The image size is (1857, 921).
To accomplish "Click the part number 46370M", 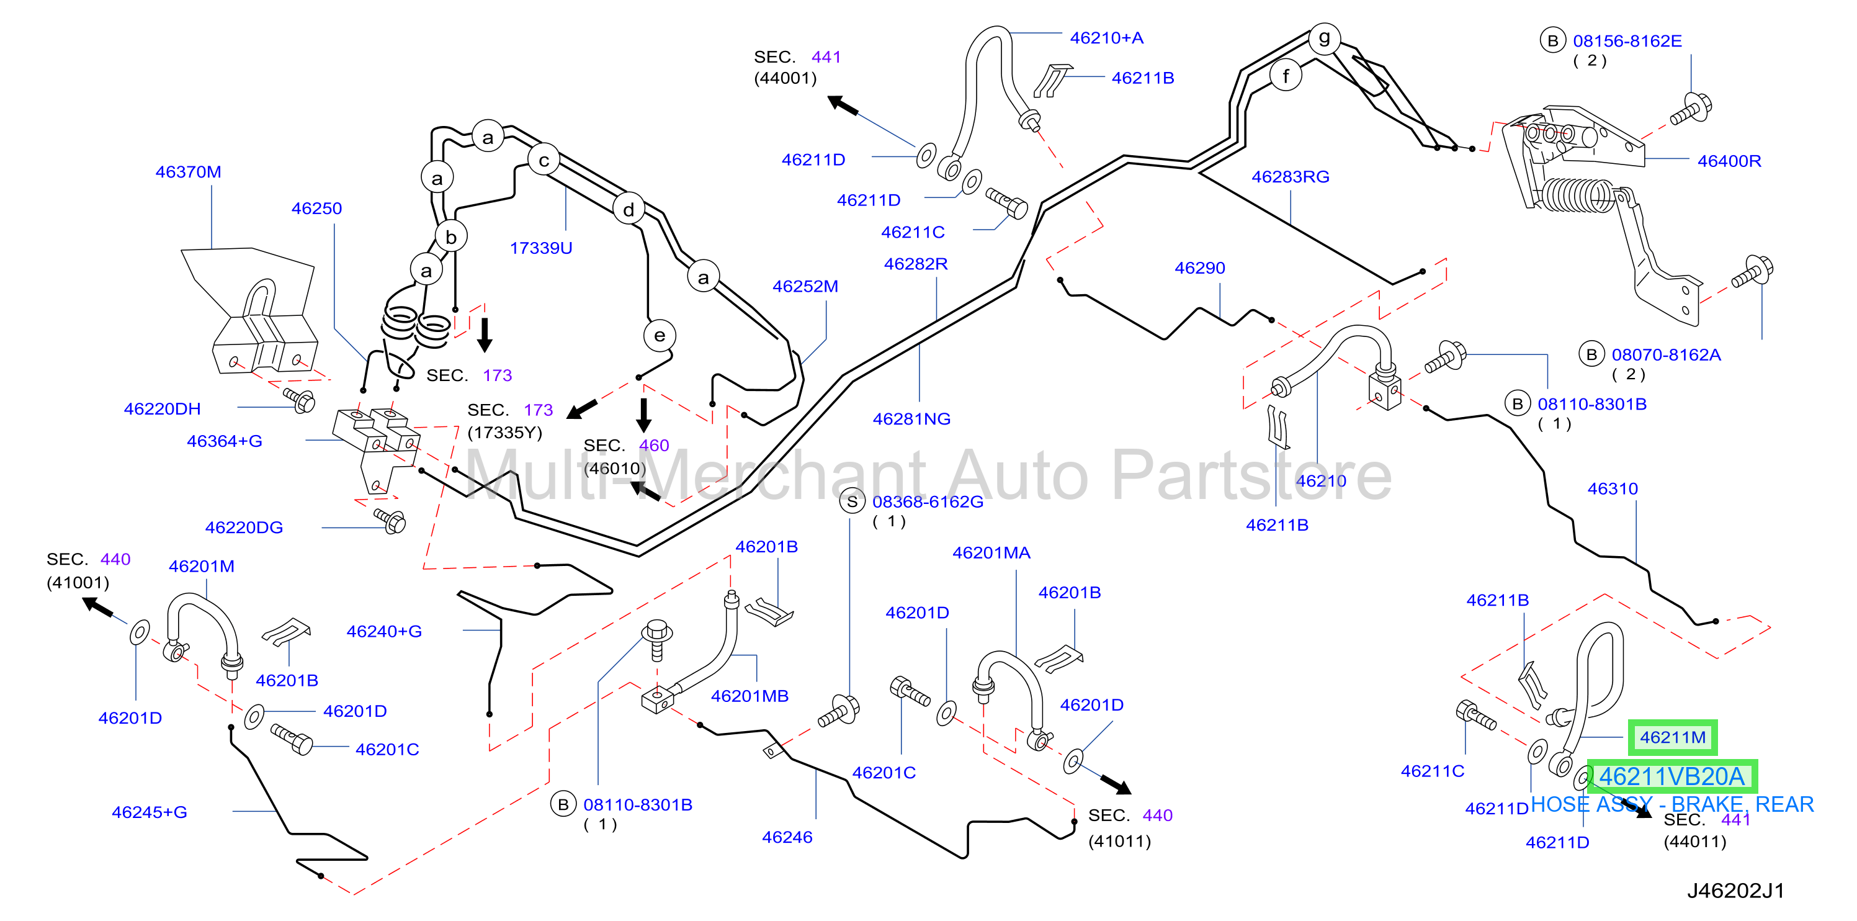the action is [x=188, y=172].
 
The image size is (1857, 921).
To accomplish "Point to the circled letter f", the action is [x=1286, y=75].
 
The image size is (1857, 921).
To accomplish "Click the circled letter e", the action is [x=659, y=335].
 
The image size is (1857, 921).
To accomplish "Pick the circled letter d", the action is [x=629, y=209].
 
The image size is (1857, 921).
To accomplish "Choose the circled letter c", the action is [x=544, y=160].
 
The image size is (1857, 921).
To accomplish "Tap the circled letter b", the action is [x=450, y=236].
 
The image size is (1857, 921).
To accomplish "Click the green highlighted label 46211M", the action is [x=1673, y=737].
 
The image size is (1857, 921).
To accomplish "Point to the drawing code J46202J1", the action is [x=1735, y=891].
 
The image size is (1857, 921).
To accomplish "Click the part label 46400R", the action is [x=1729, y=161].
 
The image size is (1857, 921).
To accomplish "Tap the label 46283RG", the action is [x=1291, y=177].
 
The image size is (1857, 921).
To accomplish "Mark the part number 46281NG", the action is [x=911, y=419].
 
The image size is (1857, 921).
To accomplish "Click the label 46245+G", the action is [x=150, y=812].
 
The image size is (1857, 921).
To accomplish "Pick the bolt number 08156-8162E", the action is [x=1627, y=41].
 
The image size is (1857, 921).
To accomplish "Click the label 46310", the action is [x=1613, y=488].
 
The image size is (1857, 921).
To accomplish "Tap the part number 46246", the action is [x=787, y=837].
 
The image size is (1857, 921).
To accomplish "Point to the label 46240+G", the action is [x=384, y=631].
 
